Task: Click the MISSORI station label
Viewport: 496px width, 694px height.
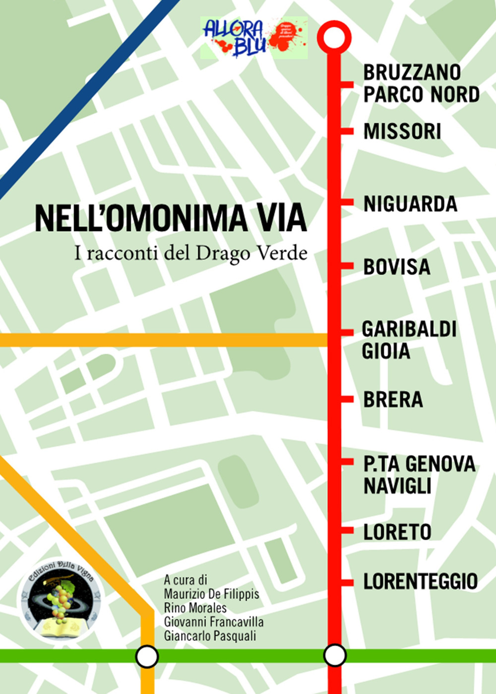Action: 402,132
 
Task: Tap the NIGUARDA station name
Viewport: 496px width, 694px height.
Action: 410,204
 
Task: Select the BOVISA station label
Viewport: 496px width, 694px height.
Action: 396,267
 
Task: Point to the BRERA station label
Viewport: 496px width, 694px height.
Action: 393,400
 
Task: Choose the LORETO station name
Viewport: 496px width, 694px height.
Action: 397,532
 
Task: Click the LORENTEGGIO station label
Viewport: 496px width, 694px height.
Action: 420,581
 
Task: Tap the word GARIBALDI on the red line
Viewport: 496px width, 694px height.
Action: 409,329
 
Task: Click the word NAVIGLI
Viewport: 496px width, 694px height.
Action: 397,486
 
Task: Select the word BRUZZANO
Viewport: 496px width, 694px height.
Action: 412,73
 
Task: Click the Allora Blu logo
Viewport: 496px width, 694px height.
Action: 254,37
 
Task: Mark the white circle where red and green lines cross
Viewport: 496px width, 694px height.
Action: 335,655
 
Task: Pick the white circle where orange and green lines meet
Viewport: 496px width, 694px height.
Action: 147,657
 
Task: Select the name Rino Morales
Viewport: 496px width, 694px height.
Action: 195,608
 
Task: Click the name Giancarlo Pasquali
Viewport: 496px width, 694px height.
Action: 210,635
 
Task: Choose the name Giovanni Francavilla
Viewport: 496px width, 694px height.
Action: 214,622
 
